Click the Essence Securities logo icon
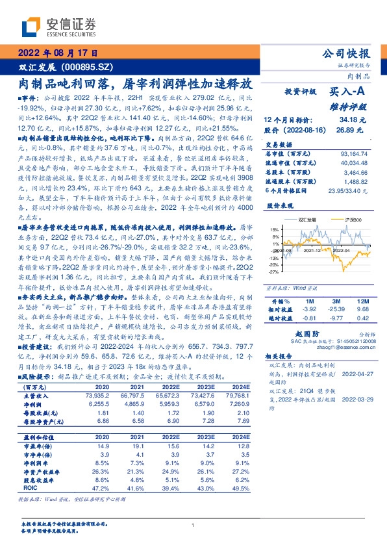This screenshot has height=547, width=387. tap(30, 27)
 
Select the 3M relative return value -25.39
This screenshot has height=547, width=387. tap(335, 310)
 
